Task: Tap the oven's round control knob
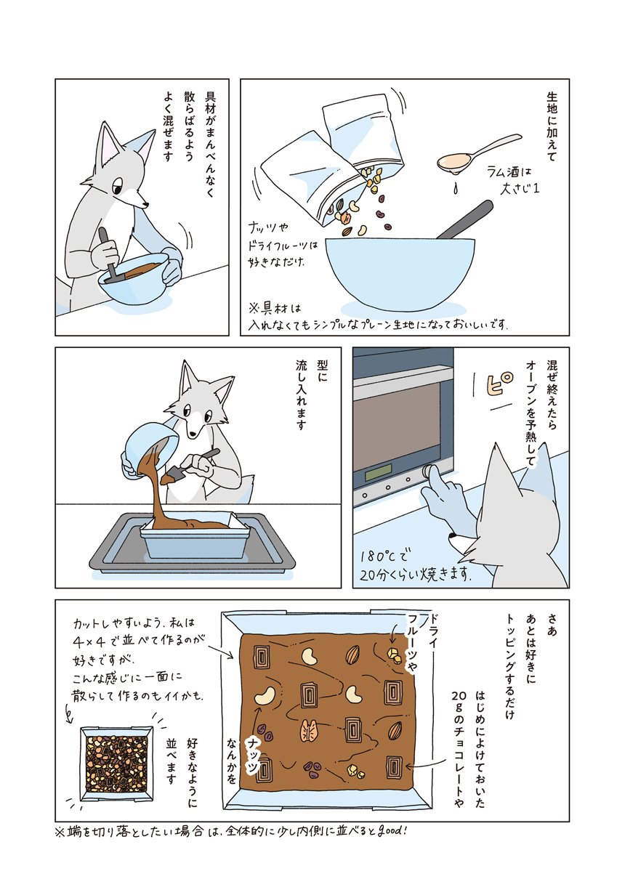tap(427, 471)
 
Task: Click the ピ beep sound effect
tap(498, 384)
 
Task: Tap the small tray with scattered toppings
tap(117, 762)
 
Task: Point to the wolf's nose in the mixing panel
tap(147, 205)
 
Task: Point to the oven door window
tap(400, 423)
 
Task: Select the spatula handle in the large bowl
tap(464, 220)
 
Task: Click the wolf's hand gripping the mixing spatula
tap(105, 254)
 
